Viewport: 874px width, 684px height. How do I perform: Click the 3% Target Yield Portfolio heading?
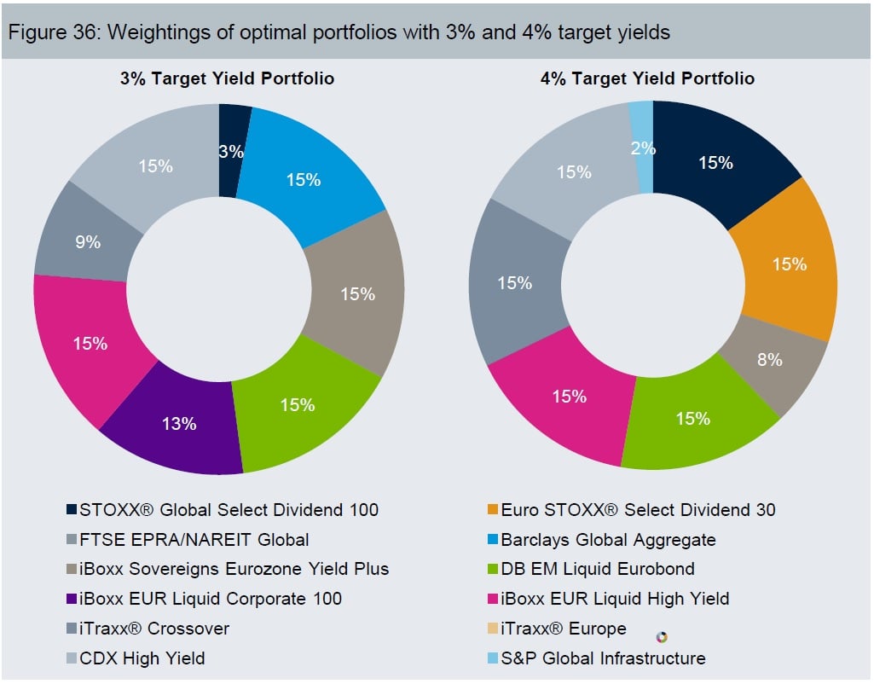226,78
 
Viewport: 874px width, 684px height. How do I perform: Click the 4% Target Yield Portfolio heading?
647,78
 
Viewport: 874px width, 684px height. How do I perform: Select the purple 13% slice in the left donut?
181,423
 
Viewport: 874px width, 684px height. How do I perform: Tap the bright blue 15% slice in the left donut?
304,179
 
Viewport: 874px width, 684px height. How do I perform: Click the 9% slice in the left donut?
88,241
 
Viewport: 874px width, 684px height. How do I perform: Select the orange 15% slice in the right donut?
789,264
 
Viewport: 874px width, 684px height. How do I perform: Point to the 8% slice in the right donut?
769,359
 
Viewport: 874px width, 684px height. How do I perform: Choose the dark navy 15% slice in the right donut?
715,162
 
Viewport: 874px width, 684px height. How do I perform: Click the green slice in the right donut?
693,419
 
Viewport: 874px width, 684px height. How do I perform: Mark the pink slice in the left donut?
90,344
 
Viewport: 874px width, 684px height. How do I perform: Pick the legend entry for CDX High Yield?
142,658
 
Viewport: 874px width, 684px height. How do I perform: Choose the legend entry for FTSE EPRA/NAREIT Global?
194,540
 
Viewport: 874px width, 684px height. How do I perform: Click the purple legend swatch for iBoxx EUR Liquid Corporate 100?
71,600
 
